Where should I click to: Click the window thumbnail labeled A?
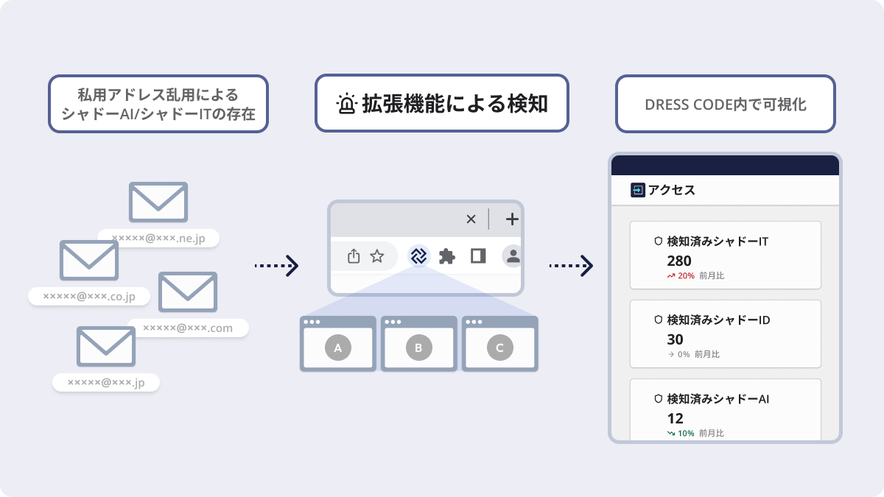pos(337,345)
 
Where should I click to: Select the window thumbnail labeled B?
pos(418,345)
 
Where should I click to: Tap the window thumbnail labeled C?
pos(499,345)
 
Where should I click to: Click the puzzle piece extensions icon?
pos(447,256)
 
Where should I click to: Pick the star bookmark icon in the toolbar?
pos(377,256)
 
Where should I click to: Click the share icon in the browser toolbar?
pos(354,256)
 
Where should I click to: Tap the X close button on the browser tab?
pos(471,219)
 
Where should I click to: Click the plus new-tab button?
pos(512,219)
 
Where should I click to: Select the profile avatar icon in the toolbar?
pos(513,256)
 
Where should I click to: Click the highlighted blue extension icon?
pos(418,256)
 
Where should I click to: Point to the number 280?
pos(679,261)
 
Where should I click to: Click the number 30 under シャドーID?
pos(675,339)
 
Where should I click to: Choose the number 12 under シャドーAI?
pos(675,418)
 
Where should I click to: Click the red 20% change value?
pos(686,276)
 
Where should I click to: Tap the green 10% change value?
pos(686,433)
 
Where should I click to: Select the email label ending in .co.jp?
pos(89,296)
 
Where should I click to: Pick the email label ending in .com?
pos(188,328)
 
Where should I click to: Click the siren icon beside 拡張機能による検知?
pos(346,104)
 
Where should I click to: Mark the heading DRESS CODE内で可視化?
pos(725,105)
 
